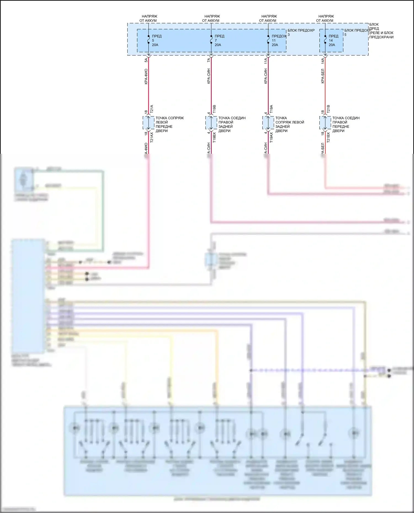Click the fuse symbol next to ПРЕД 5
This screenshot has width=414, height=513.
(x=148, y=40)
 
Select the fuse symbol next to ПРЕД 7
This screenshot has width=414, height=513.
(x=211, y=40)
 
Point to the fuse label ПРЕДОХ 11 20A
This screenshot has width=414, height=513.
(x=278, y=40)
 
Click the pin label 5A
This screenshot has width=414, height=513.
(x=146, y=60)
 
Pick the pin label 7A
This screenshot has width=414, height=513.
(x=209, y=60)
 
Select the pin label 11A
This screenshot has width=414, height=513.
(x=266, y=61)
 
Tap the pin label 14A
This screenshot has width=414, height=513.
(x=323, y=61)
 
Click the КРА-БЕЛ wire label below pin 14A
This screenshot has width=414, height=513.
(x=323, y=76)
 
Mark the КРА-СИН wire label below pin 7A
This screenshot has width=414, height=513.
(x=209, y=76)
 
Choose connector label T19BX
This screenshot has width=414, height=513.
(x=214, y=137)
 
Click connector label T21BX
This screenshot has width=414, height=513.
(x=328, y=137)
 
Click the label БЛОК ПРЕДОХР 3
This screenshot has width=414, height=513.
(x=301, y=32)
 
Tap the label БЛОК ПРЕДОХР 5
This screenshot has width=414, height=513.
(x=357, y=32)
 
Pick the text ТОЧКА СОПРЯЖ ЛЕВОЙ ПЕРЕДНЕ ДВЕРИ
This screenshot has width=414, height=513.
(x=169, y=124)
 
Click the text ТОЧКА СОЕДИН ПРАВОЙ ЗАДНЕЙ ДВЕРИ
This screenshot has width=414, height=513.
(x=232, y=124)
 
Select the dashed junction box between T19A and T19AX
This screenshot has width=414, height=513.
(x=268, y=123)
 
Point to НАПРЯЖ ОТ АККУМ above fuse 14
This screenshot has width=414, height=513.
(x=325, y=18)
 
